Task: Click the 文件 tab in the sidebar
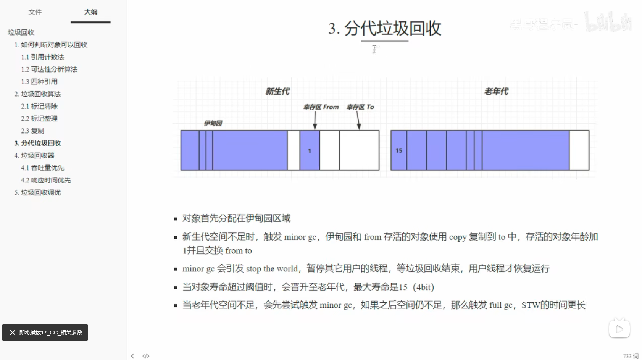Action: click(x=35, y=12)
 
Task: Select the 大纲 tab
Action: click(x=90, y=12)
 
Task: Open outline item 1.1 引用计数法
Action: click(x=42, y=57)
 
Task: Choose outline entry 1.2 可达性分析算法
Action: click(x=49, y=69)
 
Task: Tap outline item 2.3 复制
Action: click(x=32, y=131)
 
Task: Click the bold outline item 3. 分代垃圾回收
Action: click(x=37, y=143)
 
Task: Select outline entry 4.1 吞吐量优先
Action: click(x=42, y=168)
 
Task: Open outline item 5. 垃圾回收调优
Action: click(x=37, y=192)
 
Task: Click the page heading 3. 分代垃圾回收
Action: click(x=384, y=28)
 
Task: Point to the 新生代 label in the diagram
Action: click(x=277, y=91)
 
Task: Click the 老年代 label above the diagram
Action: click(x=496, y=91)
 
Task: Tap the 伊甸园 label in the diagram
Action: click(x=213, y=123)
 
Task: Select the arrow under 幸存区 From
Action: click(x=315, y=121)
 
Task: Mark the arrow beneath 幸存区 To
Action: click(x=358, y=121)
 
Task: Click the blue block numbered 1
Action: click(x=310, y=150)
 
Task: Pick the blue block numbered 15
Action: click(x=399, y=150)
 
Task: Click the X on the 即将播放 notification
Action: click(x=13, y=333)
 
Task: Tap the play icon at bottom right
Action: click(x=619, y=329)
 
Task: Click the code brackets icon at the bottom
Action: click(x=146, y=356)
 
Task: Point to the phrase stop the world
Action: click(x=271, y=269)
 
